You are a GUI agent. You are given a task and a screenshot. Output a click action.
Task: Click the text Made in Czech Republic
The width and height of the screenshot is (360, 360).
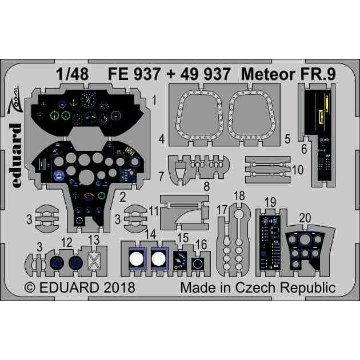pyautogui.click(x=258, y=287)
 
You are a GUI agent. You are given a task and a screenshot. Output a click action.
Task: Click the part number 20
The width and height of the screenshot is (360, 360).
pyautogui.click(x=305, y=217)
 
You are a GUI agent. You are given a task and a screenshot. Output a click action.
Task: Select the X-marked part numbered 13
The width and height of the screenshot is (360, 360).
pyautogui.click(x=94, y=261)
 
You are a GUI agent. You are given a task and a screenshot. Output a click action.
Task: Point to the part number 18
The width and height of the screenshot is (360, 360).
pyautogui.click(x=239, y=196)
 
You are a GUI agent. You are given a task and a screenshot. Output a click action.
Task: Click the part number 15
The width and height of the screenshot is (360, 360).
pyautogui.click(x=183, y=237)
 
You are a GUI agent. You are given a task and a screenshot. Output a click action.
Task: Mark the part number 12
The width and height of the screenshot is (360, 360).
pyautogui.click(x=67, y=242)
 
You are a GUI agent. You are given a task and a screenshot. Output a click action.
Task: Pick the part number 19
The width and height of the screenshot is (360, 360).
pyautogui.click(x=271, y=201)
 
